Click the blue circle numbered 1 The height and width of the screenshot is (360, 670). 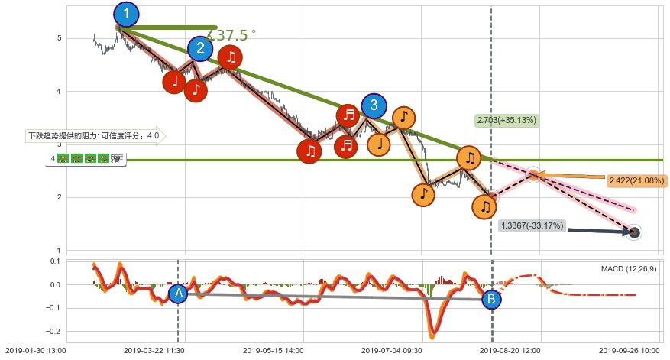tap(126, 14)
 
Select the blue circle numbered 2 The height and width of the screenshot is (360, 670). tap(200, 50)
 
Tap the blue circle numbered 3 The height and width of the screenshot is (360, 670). tap(374, 105)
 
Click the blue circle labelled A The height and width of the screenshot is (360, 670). tap(178, 294)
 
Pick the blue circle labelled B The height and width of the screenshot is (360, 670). tap(492, 300)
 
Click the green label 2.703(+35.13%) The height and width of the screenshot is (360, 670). tap(506, 120)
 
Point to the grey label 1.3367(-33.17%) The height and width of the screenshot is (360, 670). tap(532, 225)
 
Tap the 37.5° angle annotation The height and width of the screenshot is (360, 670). tap(233, 35)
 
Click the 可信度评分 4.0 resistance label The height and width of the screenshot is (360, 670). tap(94, 137)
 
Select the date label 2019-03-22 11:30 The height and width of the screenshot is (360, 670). tap(154, 352)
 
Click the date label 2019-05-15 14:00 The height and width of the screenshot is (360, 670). tap(273, 352)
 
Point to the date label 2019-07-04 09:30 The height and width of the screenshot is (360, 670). tap(391, 352)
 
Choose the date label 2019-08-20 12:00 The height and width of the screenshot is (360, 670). tap(510, 352)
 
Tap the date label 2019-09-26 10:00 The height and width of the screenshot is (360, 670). tap(630, 352)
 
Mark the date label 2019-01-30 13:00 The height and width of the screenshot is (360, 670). tap(35, 352)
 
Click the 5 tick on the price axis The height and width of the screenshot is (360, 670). tap(59, 38)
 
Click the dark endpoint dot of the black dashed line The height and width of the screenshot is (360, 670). tap(633, 232)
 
